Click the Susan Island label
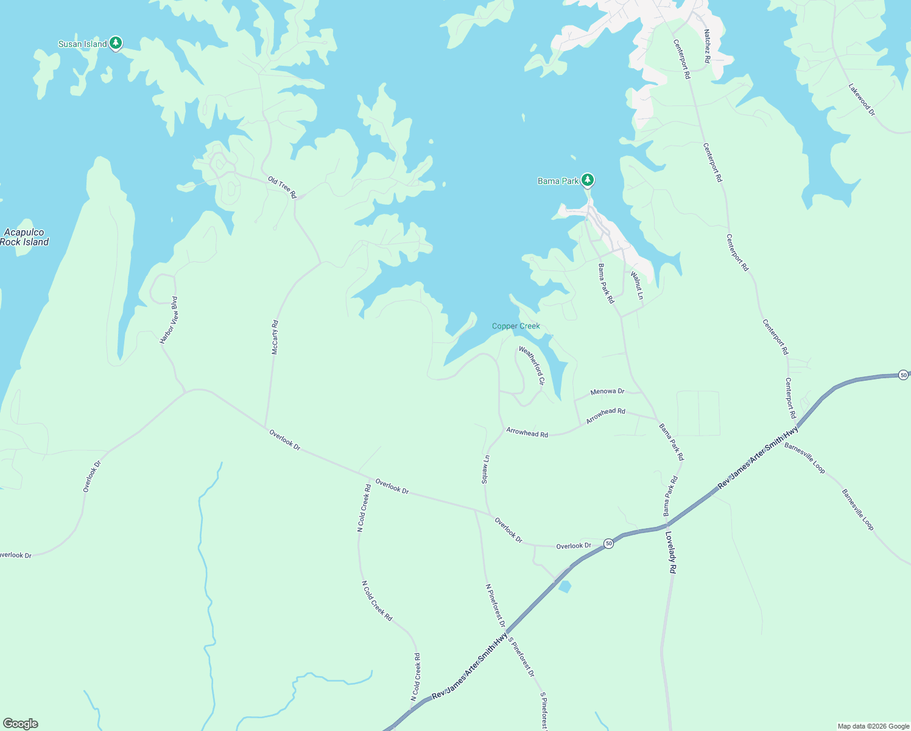coord(82,44)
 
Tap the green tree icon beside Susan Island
coord(116,43)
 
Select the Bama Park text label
coord(558,181)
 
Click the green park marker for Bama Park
coord(587,180)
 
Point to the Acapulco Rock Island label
coord(24,237)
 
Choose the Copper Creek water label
coord(516,327)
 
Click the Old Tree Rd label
coord(282,187)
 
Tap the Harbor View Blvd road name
coord(169,320)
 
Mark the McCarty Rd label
coord(275,337)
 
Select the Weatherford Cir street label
coord(531,365)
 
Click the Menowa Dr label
coord(607,392)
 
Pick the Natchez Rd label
coord(706,46)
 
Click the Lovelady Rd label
coord(670,553)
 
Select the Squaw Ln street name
coord(485,469)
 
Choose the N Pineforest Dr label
coord(494,605)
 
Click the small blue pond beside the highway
coord(565,587)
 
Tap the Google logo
coord(21,724)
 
